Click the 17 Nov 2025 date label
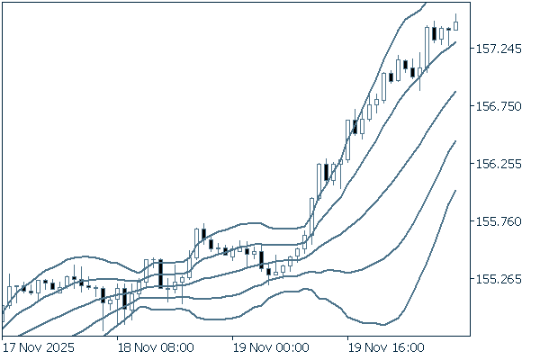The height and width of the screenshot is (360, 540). coord(38,346)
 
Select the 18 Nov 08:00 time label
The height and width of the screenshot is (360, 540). coord(157,346)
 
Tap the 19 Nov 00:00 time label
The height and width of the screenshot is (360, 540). coord(271,346)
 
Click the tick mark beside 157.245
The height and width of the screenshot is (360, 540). coord(472,49)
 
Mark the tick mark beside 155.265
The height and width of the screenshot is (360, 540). coord(472,279)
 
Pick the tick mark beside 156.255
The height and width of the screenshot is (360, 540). coord(472,164)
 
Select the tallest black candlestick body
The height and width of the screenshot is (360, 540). coord(160,274)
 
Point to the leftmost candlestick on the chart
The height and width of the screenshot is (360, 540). coord(8,295)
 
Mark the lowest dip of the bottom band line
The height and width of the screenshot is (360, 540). coord(382,325)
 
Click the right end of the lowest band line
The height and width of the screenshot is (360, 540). coord(456,190)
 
